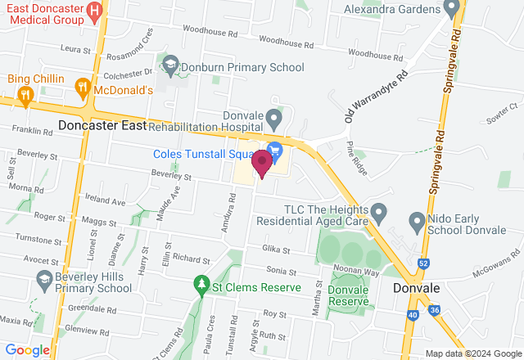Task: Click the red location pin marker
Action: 262,163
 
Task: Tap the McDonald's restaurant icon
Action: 82,87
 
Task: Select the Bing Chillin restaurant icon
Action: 25,95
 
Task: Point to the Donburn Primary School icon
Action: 170,64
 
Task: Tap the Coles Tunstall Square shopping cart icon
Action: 275,150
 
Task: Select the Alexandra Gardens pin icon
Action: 451,8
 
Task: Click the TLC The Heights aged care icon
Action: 378,214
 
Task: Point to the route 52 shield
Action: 423,263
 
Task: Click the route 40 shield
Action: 411,313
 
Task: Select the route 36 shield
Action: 435,310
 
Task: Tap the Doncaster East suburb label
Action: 102,126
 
